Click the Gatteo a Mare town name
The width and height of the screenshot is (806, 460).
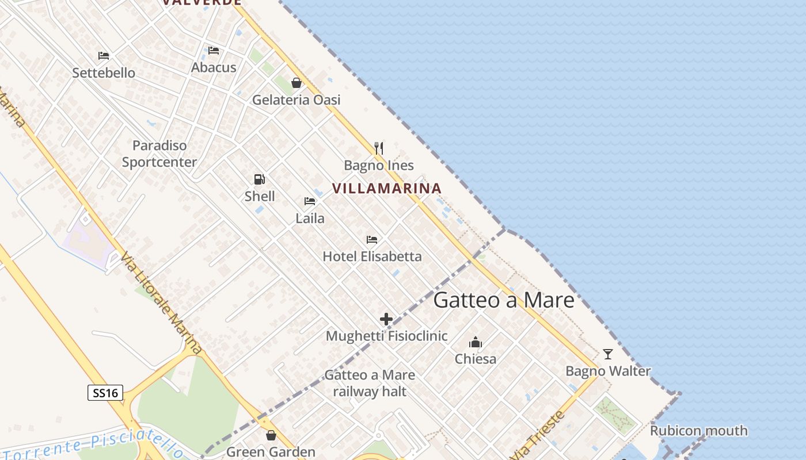tap(504, 300)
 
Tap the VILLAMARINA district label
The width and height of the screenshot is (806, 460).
tap(387, 188)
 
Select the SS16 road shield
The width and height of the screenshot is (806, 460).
tap(105, 393)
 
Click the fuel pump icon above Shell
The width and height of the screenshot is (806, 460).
tap(260, 179)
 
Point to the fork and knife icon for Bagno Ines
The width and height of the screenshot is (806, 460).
tap(379, 148)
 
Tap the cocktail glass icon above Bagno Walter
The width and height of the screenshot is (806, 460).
tap(608, 354)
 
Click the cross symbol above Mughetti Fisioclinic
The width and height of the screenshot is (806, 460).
tap(386, 319)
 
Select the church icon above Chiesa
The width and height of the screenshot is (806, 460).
tap(476, 342)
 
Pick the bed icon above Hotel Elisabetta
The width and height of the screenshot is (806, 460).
tap(372, 239)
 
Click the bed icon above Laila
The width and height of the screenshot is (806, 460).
tap(310, 201)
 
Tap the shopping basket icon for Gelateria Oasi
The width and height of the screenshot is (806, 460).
tap(296, 83)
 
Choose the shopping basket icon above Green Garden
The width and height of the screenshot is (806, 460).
tap(271, 435)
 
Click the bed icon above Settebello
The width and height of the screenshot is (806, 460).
tap(104, 56)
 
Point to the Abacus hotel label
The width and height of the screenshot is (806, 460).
tap(214, 67)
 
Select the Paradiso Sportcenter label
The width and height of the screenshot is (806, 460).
tap(159, 154)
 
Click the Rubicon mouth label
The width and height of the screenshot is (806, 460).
tap(698, 431)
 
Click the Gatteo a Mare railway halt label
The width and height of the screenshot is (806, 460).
tap(370, 384)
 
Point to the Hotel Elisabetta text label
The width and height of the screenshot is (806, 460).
tap(372, 256)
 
